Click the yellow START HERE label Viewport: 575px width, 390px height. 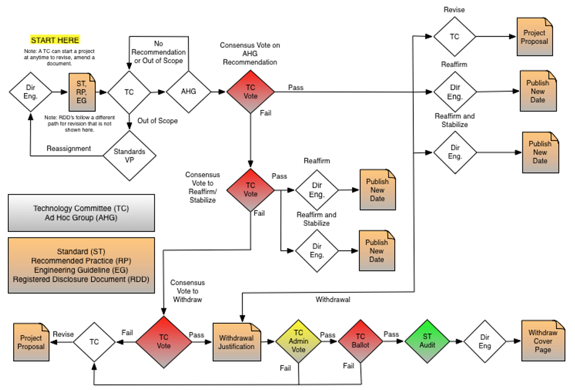pyautogui.click(x=55, y=40)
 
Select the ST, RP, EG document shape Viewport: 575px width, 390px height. pyautogui.click(x=82, y=92)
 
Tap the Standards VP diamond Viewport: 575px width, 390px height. pyautogui.click(x=129, y=156)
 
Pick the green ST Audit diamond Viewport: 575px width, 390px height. pyautogui.click(x=427, y=341)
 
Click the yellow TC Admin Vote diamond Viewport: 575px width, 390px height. pyautogui.click(x=299, y=341)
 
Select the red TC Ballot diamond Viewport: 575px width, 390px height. pyautogui.click(x=360, y=341)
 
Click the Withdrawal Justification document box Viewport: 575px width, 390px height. pyautogui.click(x=237, y=342)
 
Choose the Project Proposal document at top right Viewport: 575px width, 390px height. pyautogui.click(x=534, y=37)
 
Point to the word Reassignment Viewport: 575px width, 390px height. pyautogui.click(x=70, y=148)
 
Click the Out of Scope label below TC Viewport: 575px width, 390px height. pyautogui.click(x=157, y=120)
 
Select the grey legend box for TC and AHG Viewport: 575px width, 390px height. pyautogui.click(x=81, y=213)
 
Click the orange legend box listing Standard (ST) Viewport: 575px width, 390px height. pyautogui.click(x=81, y=265)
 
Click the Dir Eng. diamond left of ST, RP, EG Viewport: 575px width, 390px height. pyautogui.click(x=30, y=92)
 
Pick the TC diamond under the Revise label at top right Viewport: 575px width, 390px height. pyautogui.click(x=455, y=37)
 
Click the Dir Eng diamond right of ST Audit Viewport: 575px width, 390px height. pyautogui.click(x=485, y=341)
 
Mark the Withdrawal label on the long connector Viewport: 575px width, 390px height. pyautogui.click(x=332, y=299)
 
